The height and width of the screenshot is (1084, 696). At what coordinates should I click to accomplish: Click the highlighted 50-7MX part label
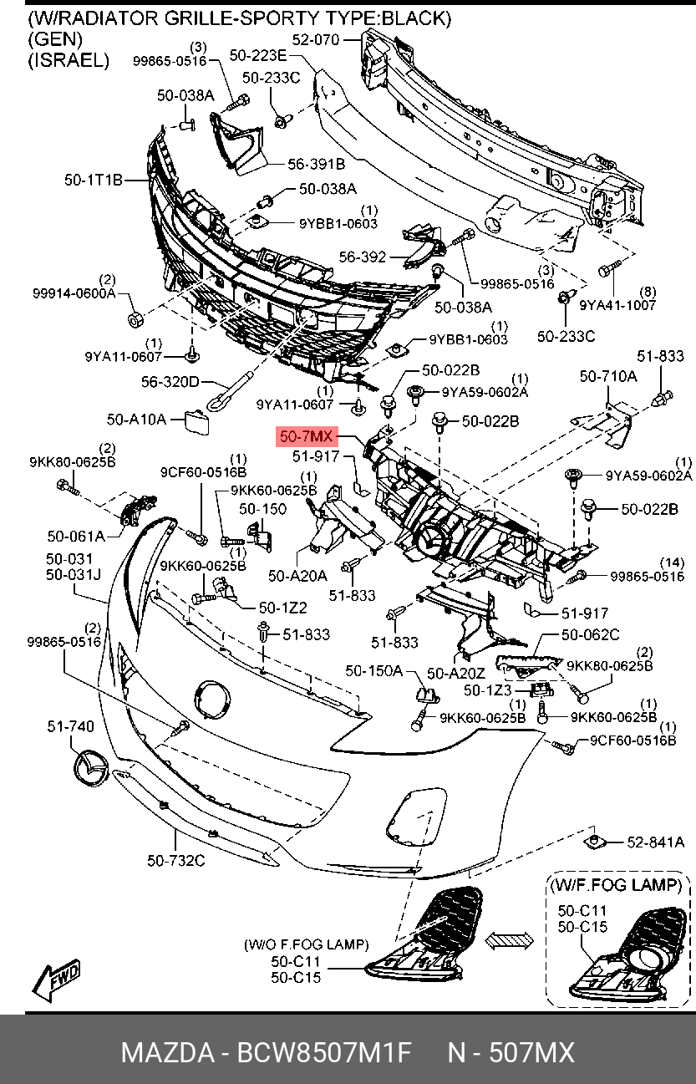pyautogui.click(x=307, y=436)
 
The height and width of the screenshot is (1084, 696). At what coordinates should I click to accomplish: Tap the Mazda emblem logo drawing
pyautogui.click(x=89, y=767)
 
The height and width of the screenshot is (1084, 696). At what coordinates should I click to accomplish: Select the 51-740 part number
pyautogui.click(x=70, y=727)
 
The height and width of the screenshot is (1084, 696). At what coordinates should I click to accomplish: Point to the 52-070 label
pyautogui.click(x=316, y=39)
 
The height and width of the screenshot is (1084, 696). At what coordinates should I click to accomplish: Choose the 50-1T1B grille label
pyautogui.click(x=94, y=179)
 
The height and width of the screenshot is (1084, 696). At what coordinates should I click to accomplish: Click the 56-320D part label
pyautogui.click(x=170, y=382)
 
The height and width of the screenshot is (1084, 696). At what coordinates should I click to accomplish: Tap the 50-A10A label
pyautogui.click(x=136, y=418)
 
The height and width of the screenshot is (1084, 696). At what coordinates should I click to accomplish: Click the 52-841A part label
pyautogui.click(x=656, y=842)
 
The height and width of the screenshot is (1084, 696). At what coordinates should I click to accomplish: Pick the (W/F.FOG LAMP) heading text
pyautogui.click(x=619, y=884)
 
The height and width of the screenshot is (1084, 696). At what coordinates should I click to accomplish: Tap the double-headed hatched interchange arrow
pyautogui.click(x=511, y=939)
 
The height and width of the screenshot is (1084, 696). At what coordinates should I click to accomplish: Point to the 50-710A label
pyautogui.click(x=607, y=377)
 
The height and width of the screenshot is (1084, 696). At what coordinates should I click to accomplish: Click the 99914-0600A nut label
pyautogui.click(x=74, y=294)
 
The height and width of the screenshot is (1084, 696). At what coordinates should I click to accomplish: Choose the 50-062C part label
pyautogui.click(x=590, y=635)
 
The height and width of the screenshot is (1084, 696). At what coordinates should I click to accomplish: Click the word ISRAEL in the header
pyautogui.click(x=69, y=59)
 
